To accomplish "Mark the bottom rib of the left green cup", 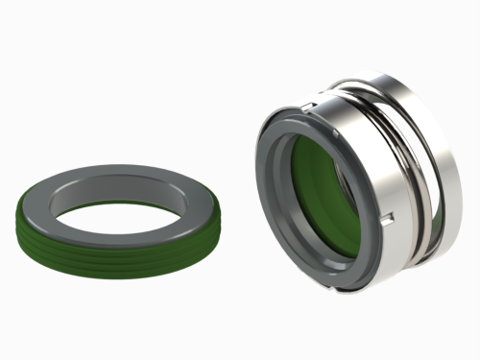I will (106, 272).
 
